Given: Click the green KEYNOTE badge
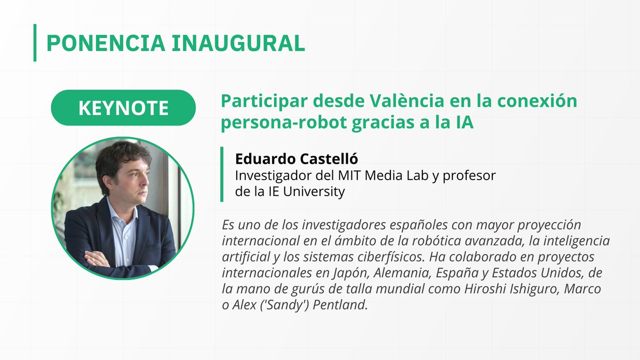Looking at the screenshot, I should tap(123, 108).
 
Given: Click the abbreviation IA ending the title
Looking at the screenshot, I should tap(464, 122).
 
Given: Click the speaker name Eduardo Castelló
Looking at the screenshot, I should tap(288, 159).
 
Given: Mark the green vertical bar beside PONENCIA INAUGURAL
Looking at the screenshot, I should tap(35, 43).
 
